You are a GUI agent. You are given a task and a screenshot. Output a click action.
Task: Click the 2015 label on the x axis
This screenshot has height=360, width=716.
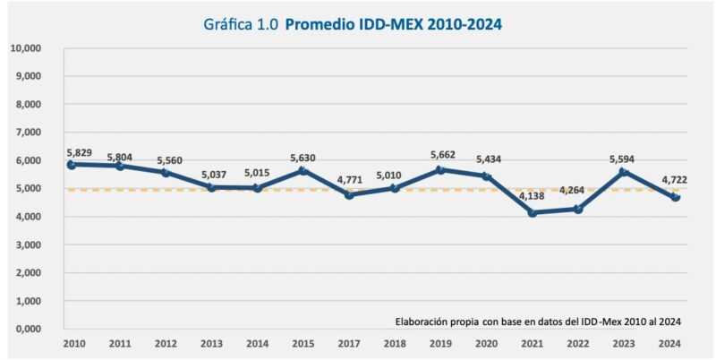coord(303,343)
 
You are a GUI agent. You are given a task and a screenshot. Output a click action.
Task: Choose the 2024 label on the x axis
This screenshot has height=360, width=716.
coord(668,343)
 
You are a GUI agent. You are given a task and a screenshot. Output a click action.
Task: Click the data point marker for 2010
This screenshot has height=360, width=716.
coord(71,165)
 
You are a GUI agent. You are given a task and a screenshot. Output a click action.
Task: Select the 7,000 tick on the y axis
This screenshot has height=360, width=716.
coord(30,132)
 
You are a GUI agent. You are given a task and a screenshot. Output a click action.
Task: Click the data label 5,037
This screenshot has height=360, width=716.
coord(211,176)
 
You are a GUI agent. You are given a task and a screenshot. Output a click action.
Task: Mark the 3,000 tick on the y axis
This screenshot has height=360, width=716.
coord(30,244)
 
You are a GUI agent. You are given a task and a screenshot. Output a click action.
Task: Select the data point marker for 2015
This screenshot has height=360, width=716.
coord(303,170)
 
